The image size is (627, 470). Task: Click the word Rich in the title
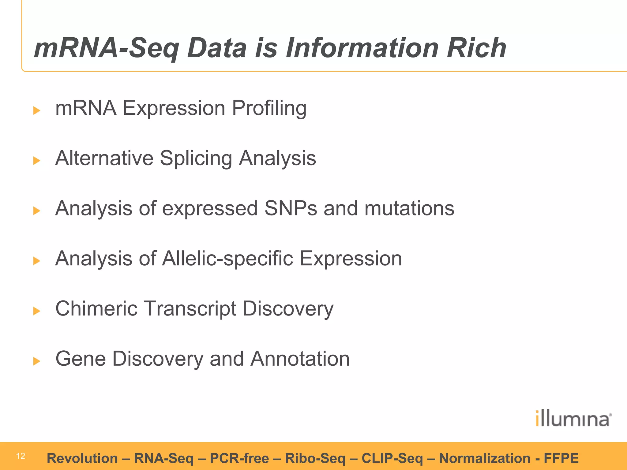click(x=476, y=48)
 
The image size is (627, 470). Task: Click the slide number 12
click(x=21, y=456)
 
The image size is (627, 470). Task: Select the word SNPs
click(x=291, y=208)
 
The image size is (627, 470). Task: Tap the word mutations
click(x=409, y=208)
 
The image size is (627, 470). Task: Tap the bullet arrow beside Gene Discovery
click(x=37, y=361)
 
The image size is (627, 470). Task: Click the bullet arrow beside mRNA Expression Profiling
click(x=37, y=110)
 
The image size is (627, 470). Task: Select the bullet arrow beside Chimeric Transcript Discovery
click(x=37, y=311)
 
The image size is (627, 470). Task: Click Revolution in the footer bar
click(x=82, y=458)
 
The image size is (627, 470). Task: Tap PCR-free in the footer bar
click(x=239, y=458)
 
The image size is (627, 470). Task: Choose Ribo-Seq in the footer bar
click(x=315, y=458)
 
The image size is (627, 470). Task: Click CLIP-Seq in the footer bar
click(x=392, y=458)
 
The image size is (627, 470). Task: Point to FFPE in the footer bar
click(x=561, y=458)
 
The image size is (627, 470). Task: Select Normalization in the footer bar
click(x=484, y=458)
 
